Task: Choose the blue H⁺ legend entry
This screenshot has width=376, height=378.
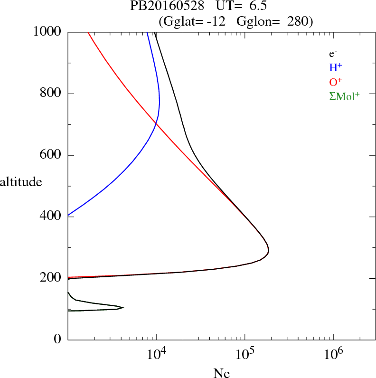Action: (x=336, y=67)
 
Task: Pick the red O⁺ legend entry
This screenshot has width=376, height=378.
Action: (x=336, y=82)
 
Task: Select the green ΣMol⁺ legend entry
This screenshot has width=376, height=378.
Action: (x=344, y=96)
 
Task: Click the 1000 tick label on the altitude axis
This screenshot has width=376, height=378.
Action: (x=48, y=32)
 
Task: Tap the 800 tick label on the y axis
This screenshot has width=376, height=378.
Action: (x=51, y=94)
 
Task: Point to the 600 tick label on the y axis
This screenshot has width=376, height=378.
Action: (x=51, y=155)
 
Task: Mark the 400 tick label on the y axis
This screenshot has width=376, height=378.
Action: (x=51, y=217)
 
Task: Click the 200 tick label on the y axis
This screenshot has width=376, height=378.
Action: (x=51, y=278)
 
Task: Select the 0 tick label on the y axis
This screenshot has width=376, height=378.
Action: (x=58, y=339)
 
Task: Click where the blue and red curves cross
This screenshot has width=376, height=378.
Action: (x=156, y=124)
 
